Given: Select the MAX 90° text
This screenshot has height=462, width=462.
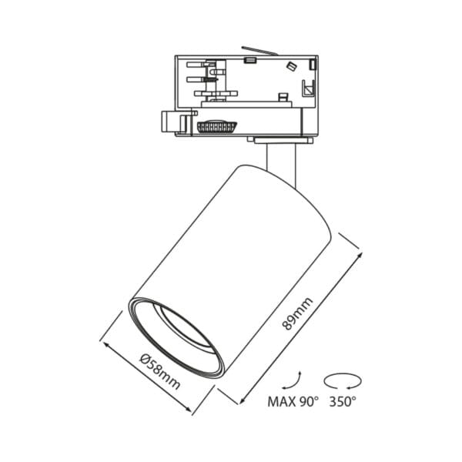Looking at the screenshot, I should click(292, 401).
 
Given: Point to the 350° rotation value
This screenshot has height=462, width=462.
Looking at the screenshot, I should click(343, 401).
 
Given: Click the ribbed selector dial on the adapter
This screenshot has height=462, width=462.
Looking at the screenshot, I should click(217, 126).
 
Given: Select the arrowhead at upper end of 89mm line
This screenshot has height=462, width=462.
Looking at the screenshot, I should click(357, 249).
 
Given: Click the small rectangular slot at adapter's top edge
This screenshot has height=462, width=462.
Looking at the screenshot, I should click(249, 59).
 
